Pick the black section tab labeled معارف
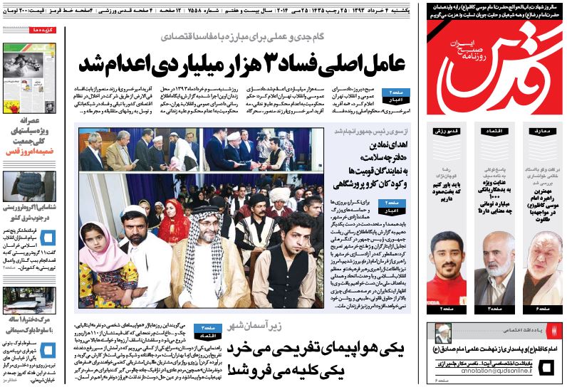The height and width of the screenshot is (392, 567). click(542, 131)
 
